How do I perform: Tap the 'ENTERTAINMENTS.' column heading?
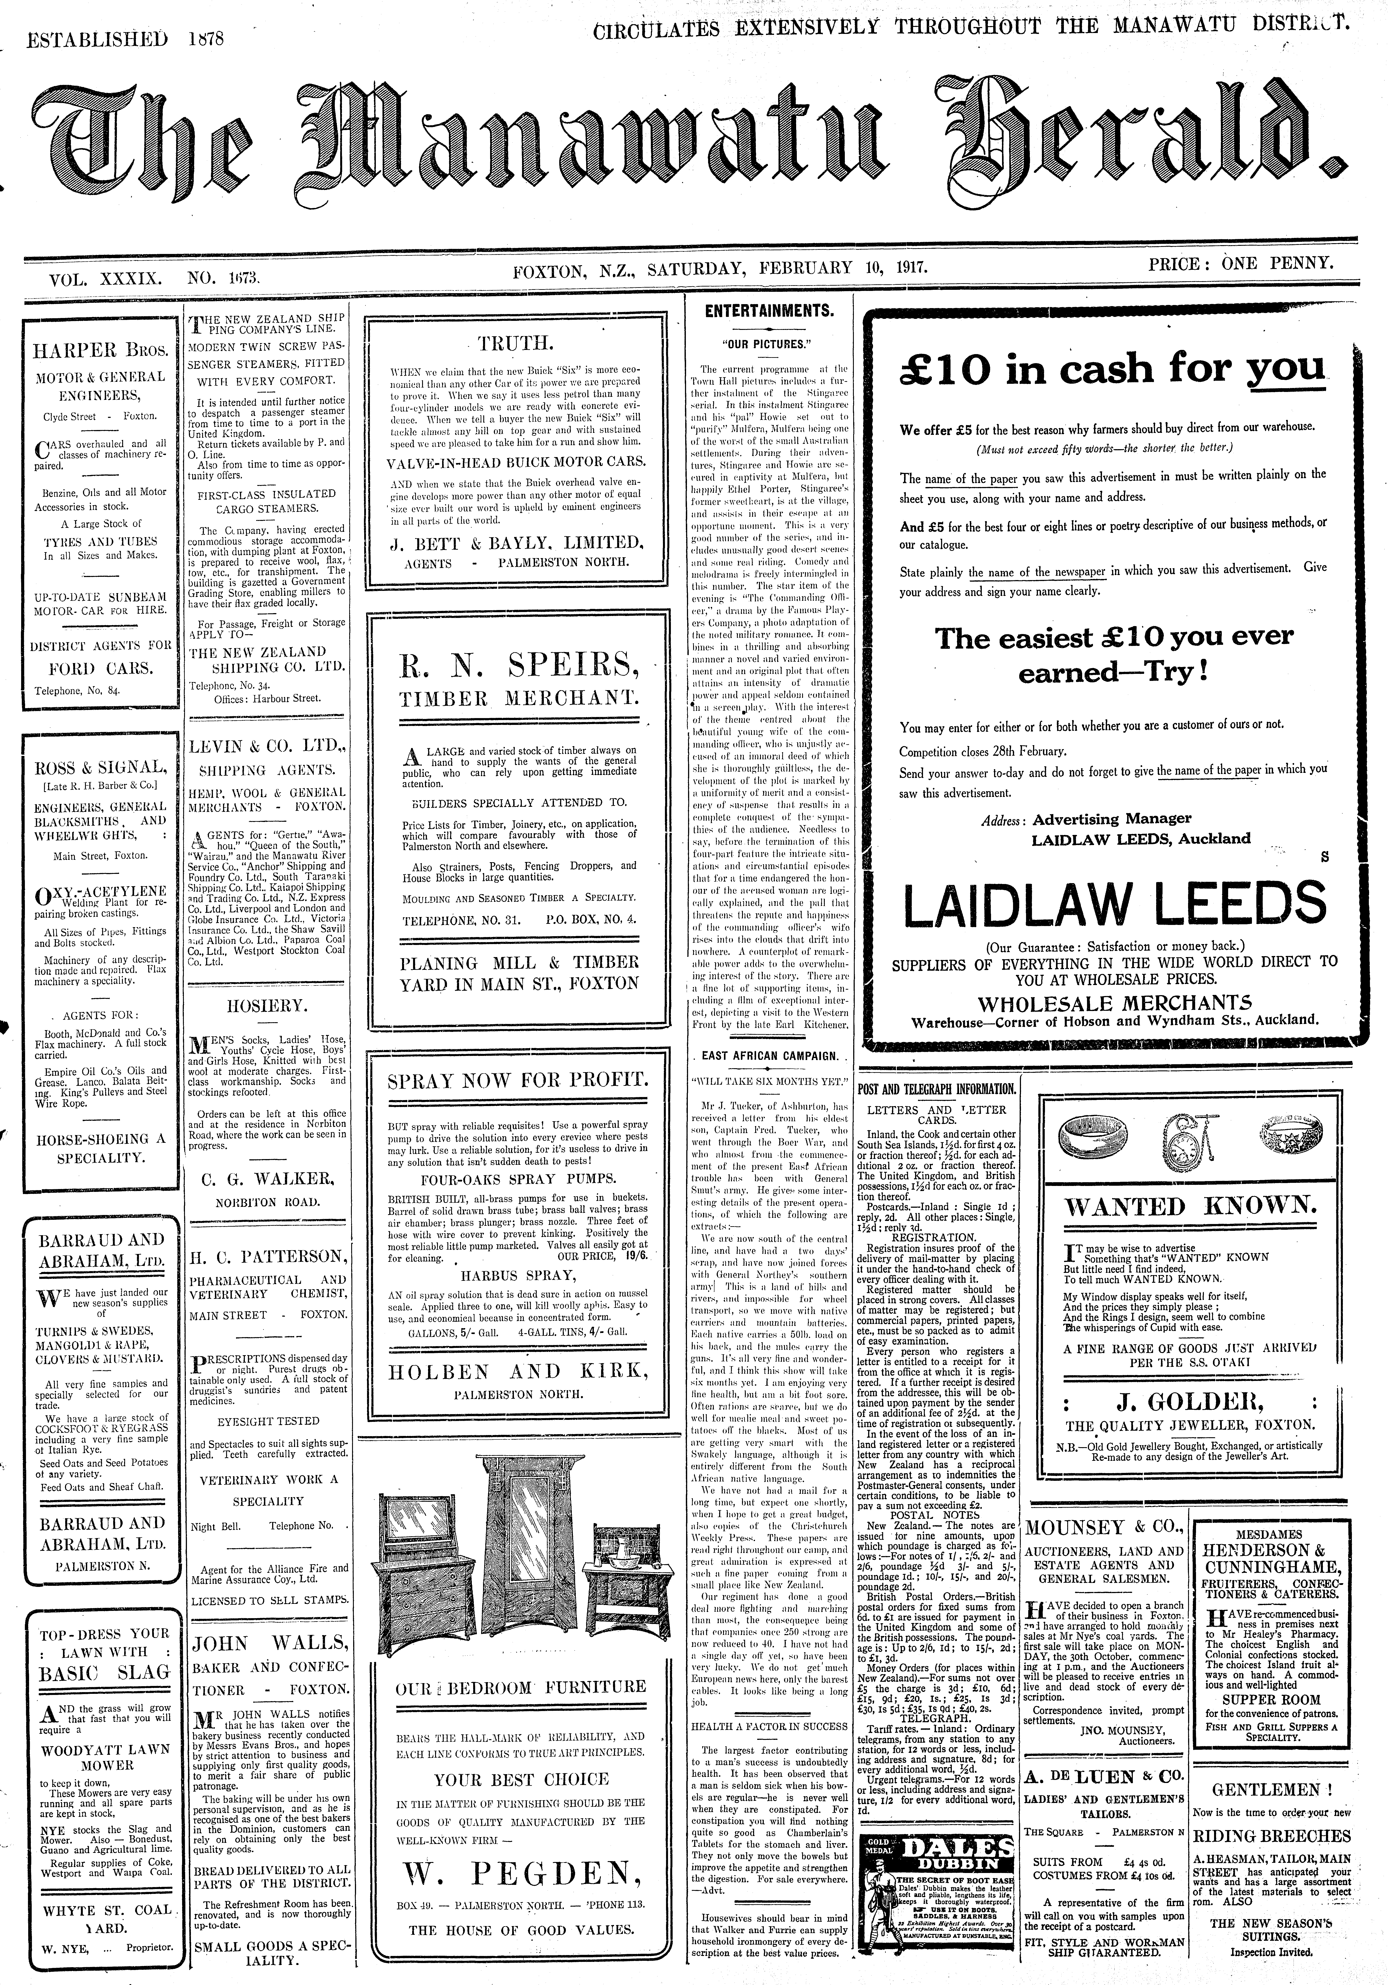pos(769,310)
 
